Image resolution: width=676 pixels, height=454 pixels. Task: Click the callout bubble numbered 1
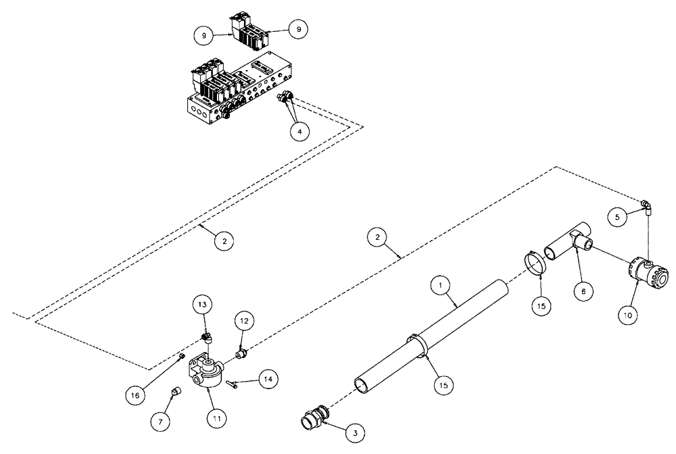441,286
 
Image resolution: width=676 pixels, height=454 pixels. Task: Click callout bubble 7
160,421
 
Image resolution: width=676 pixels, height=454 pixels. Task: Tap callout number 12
244,322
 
